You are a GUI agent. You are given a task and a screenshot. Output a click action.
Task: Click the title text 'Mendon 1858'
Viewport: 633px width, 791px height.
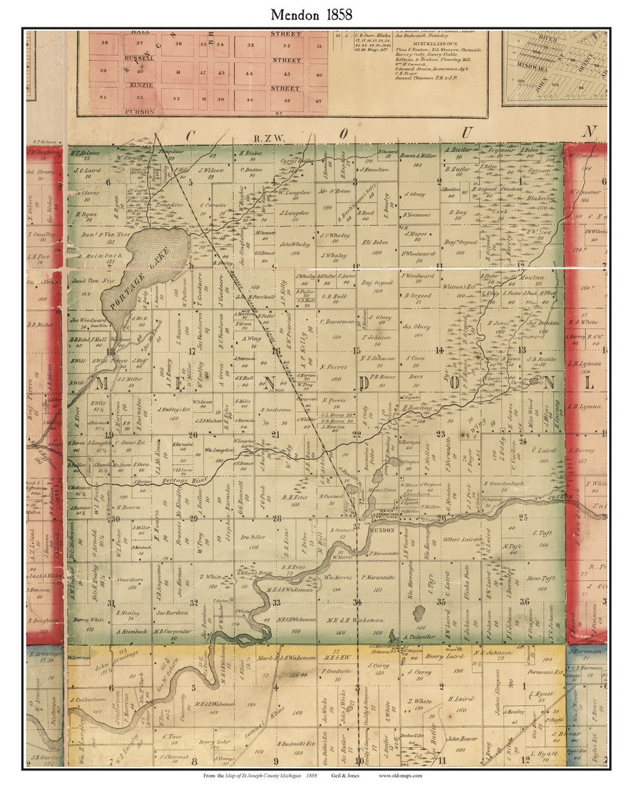(315, 14)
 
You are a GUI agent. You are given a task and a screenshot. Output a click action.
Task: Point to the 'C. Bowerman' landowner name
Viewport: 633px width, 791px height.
(338, 322)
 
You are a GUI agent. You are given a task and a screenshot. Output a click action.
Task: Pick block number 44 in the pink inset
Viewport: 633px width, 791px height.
(250, 73)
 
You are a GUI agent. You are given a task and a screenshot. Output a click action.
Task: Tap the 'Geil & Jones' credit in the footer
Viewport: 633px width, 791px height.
(349, 776)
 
